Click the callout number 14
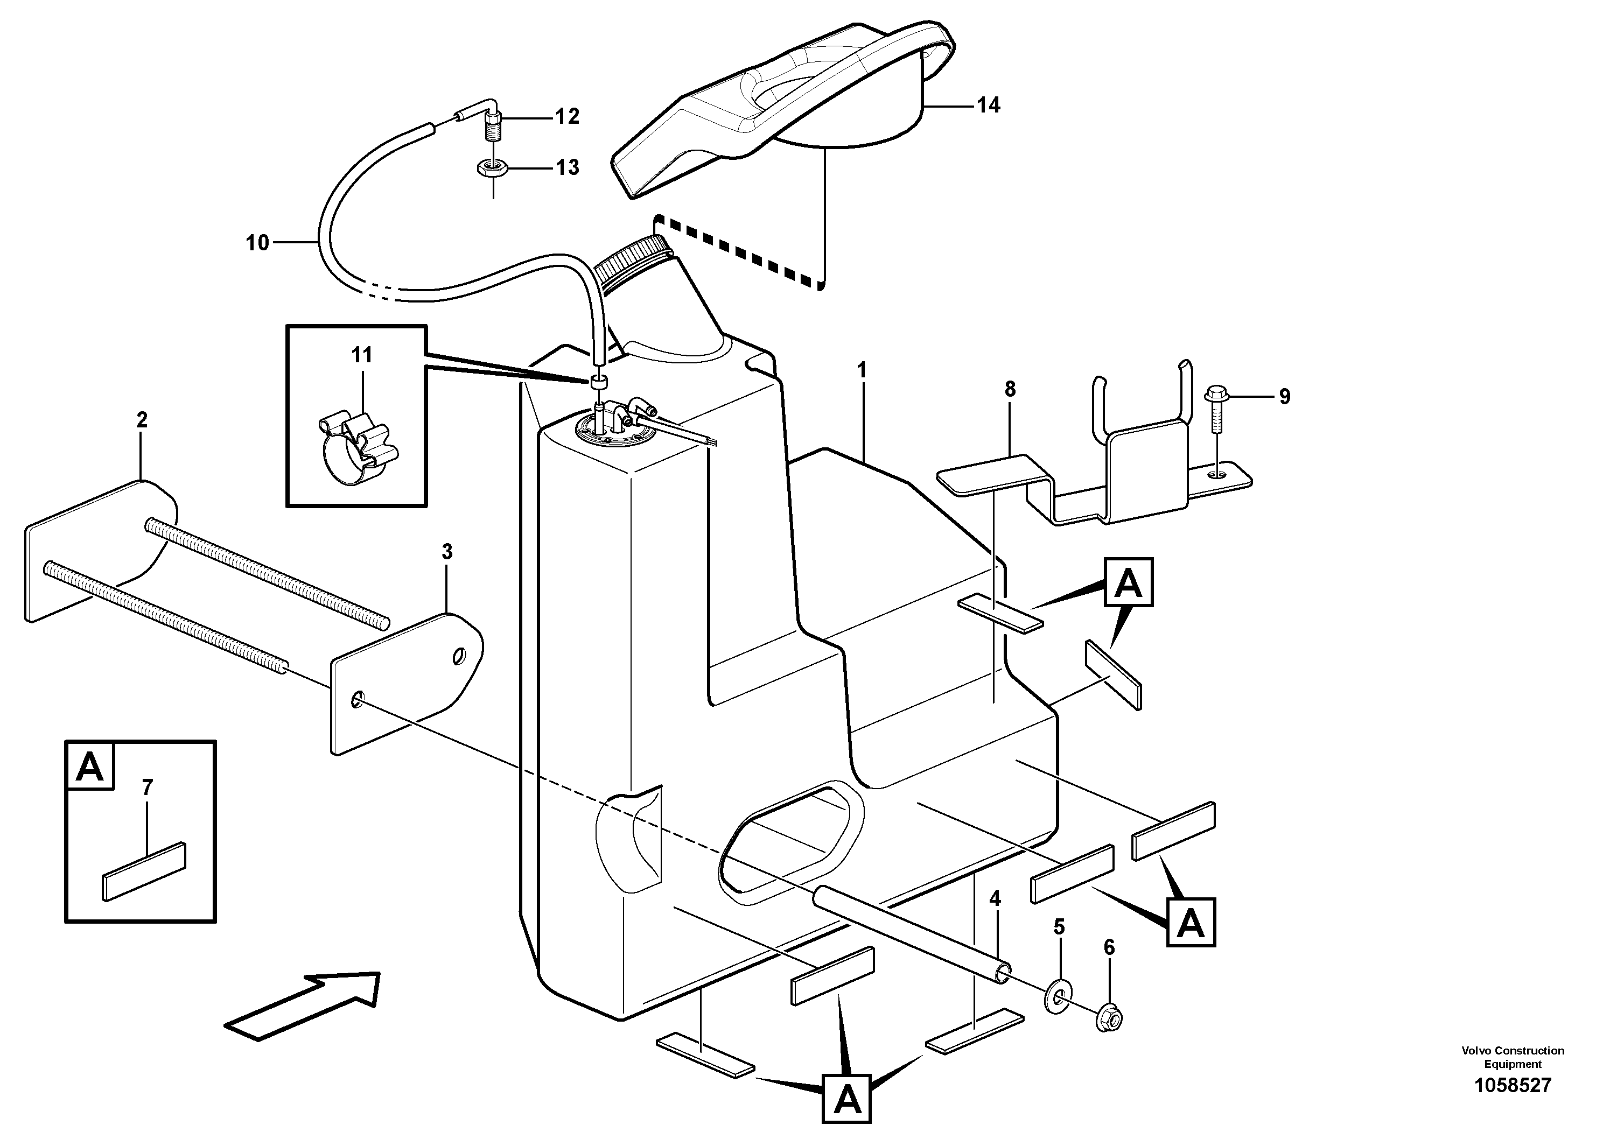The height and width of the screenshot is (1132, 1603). pos(988,106)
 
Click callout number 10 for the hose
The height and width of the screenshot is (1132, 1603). pos(257,243)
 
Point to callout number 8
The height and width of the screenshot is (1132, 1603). pos(1010,389)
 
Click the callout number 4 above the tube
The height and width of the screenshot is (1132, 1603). pos(995,898)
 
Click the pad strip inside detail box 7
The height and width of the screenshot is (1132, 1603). pos(144,871)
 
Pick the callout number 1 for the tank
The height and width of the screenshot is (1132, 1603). pos(862,370)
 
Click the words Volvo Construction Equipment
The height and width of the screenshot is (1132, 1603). pos(1512,1057)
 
